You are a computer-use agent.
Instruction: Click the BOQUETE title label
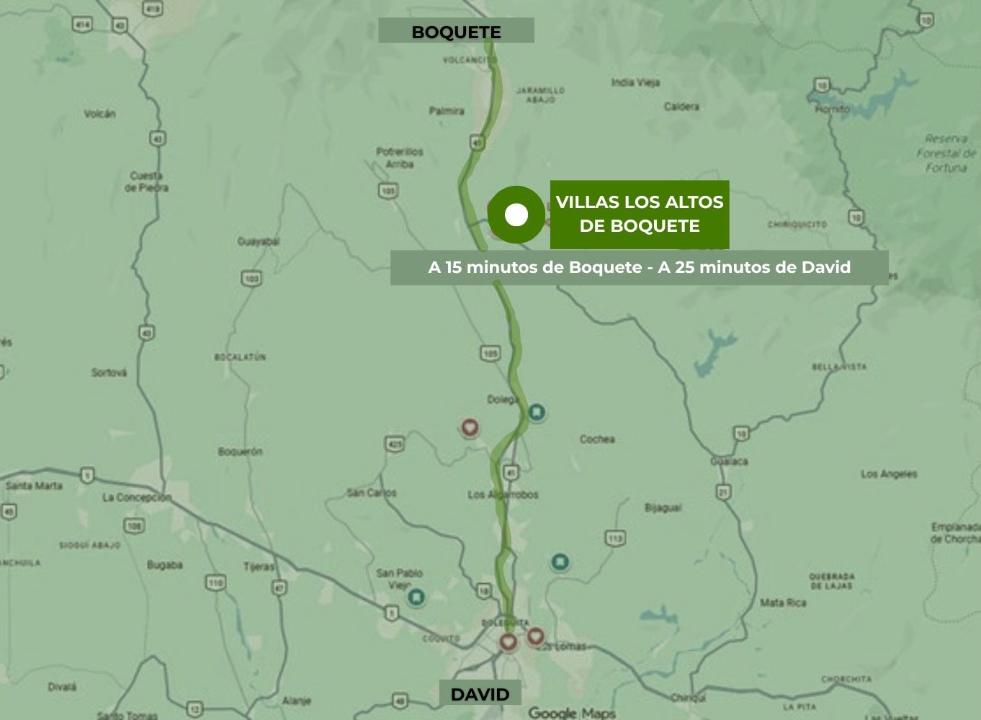(456, 32)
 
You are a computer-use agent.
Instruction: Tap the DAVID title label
(480, 694)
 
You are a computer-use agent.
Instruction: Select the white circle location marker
(516, 215)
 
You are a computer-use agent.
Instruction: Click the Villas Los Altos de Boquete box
(640, 214)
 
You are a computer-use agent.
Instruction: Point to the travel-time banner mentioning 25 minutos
(639, 267)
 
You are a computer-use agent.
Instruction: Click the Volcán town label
(99, 114)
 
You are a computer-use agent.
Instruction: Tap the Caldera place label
(681, 107)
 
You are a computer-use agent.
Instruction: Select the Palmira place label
(447, 111)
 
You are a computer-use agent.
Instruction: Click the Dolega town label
(502, 399)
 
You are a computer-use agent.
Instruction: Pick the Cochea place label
(597, 438)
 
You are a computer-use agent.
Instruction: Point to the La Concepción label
(136, 498)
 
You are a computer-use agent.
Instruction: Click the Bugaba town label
(164, 565)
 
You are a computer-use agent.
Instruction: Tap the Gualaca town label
(729, 461)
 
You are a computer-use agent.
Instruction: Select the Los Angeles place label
(889, 474)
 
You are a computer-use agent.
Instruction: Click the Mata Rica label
(783, 602)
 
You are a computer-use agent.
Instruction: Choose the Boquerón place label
(240, 451)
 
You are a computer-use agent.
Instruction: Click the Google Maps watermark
(572, 713)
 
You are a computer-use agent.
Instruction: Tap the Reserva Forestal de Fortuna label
(946, 153)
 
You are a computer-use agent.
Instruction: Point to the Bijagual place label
(663, 508)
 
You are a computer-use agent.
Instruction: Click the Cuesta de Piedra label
(147, 181)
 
